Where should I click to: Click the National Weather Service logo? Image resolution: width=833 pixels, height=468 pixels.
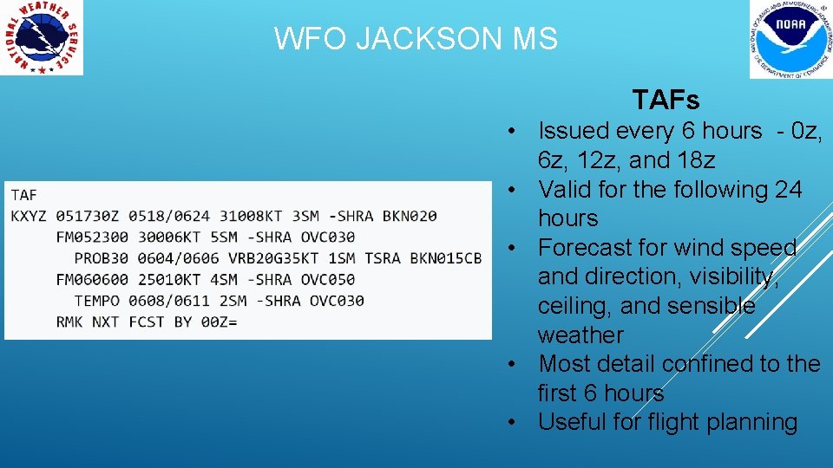[42, 37]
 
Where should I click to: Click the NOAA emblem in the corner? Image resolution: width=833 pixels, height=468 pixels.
[790, 39]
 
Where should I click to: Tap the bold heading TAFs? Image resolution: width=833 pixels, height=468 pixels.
[666, 100]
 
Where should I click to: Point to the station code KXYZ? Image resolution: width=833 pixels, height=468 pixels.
[29, 216]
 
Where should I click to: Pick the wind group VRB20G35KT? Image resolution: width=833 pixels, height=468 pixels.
[273, 258]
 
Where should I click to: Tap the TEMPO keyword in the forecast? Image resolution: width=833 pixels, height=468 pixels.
[96, 301]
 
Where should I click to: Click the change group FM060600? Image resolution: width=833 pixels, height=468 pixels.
[92, 279]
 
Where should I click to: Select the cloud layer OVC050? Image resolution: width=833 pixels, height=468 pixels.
[328, 279]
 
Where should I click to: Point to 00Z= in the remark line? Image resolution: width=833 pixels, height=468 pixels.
[219, 322]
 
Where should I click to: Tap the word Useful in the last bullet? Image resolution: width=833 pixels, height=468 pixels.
[574, 422]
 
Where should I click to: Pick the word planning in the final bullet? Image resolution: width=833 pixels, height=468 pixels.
[754, 422]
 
